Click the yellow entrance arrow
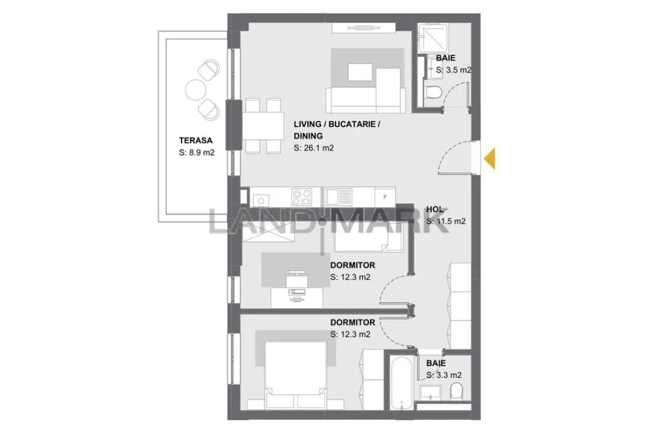coord(490,159)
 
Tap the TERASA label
coord(195,141)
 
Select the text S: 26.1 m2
coord(313,148)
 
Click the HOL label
coord(435,209)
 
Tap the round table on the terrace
coord(196,90)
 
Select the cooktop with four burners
coord(302,196)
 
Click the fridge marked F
coord(385,196)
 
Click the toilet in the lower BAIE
coord(456,392)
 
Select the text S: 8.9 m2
coord(197,153)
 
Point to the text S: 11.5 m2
coord(446,221)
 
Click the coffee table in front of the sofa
coord(360,72)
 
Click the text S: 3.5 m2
coord(453,70)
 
